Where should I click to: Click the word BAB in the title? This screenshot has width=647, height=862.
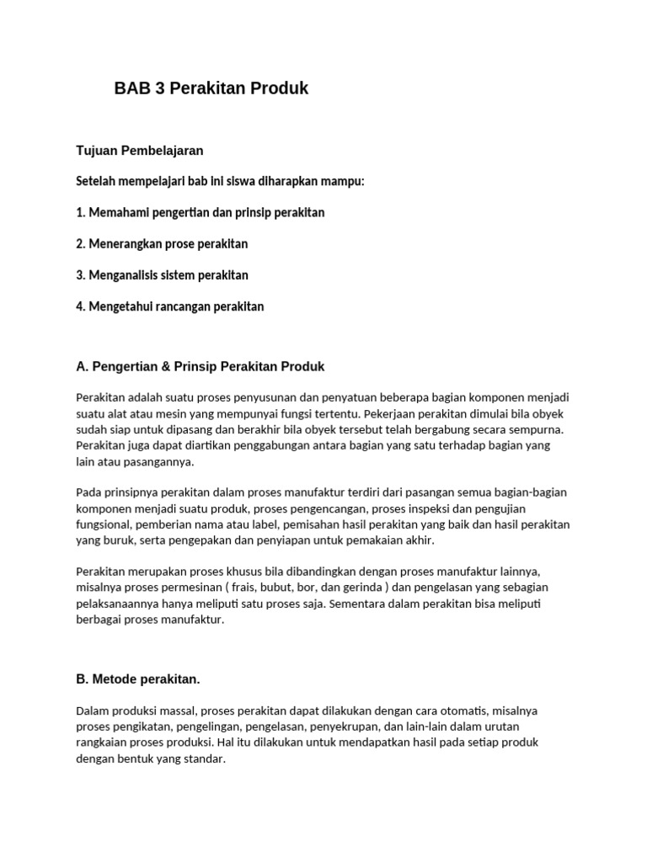click(x=131, y=88)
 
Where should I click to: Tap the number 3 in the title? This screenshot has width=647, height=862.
click(x=160, y=88)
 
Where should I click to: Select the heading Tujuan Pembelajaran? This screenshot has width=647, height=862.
click(x=140, y=151)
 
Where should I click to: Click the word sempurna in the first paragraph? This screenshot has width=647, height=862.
click(x=537, y=428)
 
